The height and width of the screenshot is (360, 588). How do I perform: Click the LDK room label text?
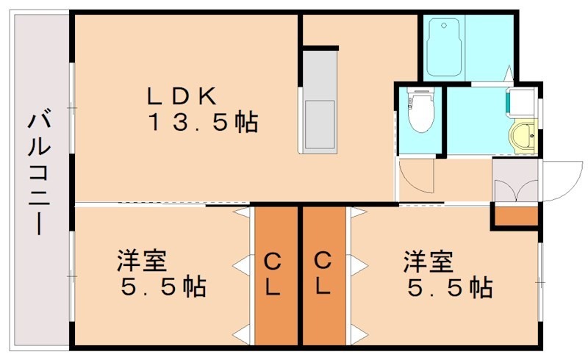182,96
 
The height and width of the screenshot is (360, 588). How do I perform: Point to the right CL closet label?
323,273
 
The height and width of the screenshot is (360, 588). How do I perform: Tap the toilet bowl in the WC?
420,118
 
